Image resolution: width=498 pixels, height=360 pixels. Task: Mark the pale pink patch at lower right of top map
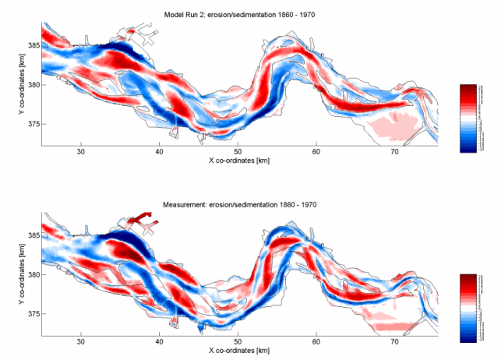click(394, 125)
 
